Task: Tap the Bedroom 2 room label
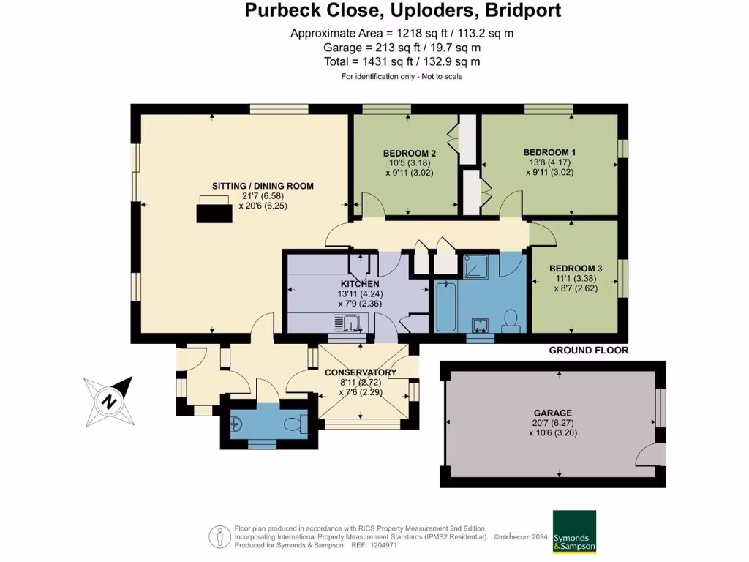[x=410, y=153]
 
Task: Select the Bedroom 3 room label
[x=576, y=268]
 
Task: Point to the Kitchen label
[x=359, y=284]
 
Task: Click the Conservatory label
[x=361, y=372]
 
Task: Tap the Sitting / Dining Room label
[x=263, y=186]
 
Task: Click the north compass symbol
[x=109, y=400]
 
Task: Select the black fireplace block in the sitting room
[x=214, y=212]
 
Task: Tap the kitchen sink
[x=345, y=322]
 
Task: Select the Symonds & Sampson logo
[x=573, y=531]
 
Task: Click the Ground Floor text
[x=588, y=351]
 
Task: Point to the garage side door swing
[x=648, y=456]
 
